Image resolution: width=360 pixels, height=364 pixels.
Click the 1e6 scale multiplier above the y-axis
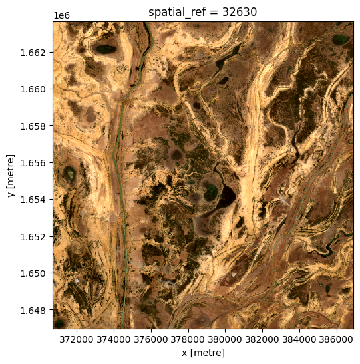point(62,15)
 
